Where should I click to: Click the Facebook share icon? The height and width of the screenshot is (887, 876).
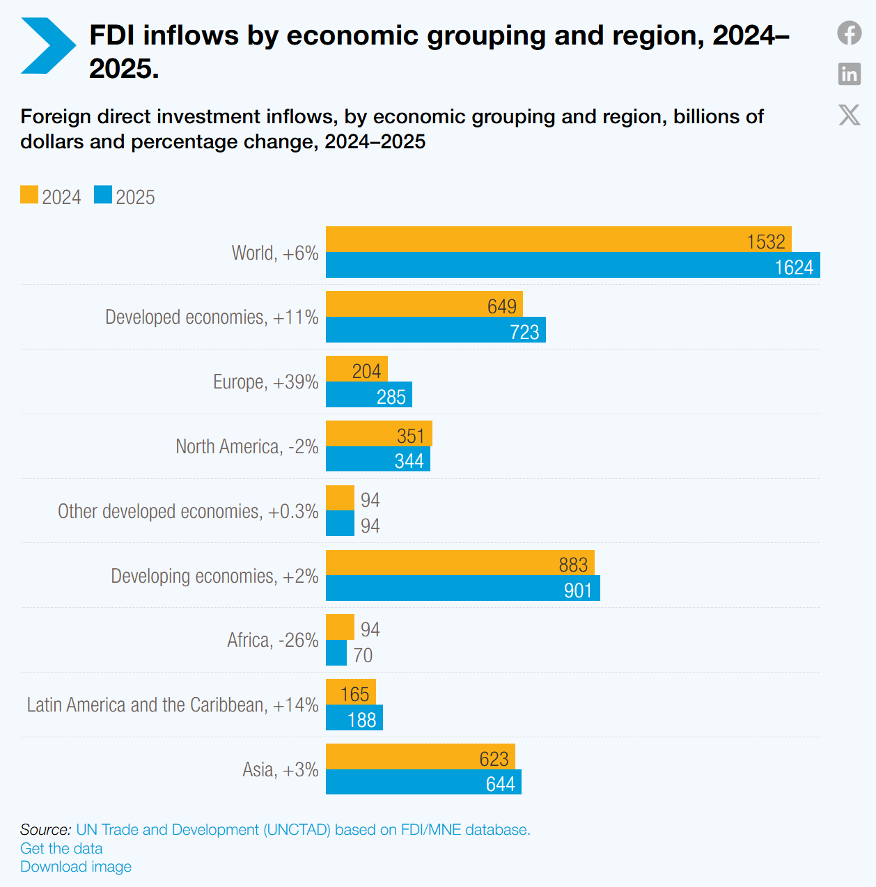[850, 33]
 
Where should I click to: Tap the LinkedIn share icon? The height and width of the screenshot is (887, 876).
[850, 74]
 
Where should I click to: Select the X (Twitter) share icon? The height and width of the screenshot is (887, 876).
[850, 115]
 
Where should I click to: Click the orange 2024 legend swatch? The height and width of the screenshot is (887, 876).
[29, 194]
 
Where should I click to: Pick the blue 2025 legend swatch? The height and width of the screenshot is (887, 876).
[102, 194]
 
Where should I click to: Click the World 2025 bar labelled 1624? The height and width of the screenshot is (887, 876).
[573, 265]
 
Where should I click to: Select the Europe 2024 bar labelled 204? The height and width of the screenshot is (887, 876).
[357, 369]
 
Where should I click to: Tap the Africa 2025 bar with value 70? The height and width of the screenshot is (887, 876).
[336, 652]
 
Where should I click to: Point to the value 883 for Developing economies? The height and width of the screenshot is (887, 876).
[573, 565]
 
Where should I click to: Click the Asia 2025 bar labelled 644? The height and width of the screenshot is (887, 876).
[423, 782]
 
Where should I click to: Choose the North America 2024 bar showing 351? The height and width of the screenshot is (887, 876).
[379, 433]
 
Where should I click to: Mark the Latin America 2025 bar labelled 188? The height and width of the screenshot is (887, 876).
[354, 717]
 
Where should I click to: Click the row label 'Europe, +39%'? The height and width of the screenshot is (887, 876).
[266, 382]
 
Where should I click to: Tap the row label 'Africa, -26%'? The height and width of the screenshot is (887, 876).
[273, 640]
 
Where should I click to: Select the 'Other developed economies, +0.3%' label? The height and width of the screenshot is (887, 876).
[188, 511]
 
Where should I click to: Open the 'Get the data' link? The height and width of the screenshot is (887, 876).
[61, 848]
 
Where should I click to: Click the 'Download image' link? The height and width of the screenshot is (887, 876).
[76, 866]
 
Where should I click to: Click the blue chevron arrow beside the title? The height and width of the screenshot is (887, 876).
[48, 45]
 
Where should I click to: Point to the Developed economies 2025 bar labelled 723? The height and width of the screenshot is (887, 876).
[436, 329]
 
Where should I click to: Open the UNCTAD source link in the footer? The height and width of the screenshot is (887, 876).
[303, 829]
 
